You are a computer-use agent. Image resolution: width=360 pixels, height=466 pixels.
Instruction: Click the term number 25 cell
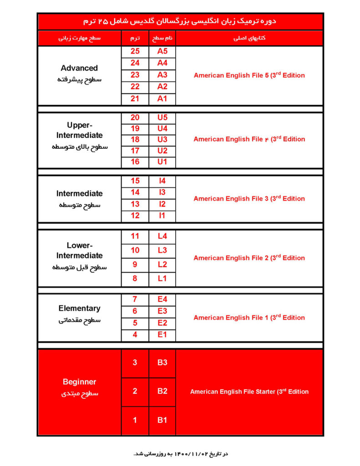[x=135, y=51]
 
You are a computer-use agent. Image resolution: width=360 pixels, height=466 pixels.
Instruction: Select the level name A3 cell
[x=162, y=75]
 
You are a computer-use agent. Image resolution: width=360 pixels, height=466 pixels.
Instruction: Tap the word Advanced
[x=79, y=68]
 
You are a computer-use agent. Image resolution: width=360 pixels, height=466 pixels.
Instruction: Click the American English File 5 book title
[x=249, y=75]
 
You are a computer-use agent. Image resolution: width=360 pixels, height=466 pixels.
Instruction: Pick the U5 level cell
[x=162, y=117]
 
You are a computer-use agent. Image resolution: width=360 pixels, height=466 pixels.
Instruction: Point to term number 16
[x=135, y=162]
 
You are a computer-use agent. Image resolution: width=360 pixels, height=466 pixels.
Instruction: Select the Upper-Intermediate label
[x=79, y=130]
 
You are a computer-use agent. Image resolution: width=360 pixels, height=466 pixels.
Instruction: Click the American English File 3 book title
[x=249, y=198]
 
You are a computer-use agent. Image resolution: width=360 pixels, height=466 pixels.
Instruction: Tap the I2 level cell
[x=162, y=204]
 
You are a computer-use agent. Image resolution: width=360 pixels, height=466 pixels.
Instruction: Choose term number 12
[x=135, y=216]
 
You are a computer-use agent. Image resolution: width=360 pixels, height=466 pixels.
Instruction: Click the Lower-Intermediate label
[x=79, y=250]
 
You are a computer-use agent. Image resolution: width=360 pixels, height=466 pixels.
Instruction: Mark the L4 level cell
[x=162, y=236]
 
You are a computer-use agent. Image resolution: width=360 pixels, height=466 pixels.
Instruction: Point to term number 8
[x=135, y=279]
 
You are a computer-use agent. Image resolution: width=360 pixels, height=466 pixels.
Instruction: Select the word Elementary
[x=79, y=308]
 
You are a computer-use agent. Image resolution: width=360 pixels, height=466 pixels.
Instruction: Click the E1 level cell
[x=162, y=335]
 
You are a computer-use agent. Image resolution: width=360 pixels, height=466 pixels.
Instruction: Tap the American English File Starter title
[x=249, y=391]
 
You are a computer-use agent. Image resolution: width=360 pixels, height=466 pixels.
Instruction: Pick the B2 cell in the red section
[x=162, y=391]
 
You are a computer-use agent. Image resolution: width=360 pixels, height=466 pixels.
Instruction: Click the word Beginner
[x=79, y=382]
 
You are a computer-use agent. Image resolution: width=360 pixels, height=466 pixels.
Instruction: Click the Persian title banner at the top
[x=180, y=21]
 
